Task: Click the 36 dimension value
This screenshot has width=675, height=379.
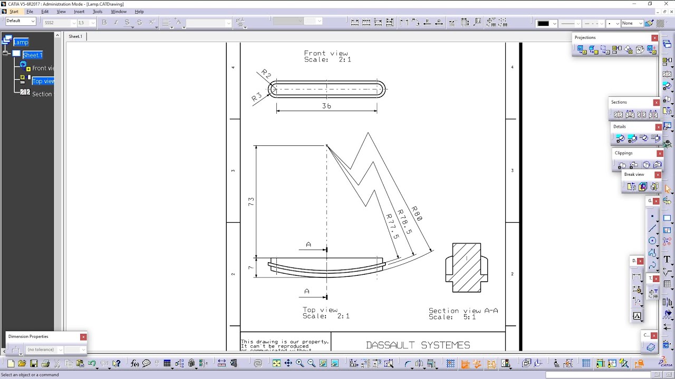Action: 326,106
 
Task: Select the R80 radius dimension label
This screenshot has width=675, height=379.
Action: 417,213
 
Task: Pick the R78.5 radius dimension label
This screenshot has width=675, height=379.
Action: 404,220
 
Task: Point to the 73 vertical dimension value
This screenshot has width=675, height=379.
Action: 251,201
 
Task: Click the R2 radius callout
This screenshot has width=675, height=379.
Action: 266,75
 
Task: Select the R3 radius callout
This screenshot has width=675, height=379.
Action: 257,97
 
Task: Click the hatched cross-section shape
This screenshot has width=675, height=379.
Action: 467,267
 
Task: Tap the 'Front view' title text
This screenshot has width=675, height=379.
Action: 326,53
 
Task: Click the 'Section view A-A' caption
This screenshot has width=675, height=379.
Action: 463,311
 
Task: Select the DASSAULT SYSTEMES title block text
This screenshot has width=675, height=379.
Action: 418,345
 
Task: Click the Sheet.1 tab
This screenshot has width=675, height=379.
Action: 75,36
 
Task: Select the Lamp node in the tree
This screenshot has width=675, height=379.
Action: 21,42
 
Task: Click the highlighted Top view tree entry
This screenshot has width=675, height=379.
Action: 43,81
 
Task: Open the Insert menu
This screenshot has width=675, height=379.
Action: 79,12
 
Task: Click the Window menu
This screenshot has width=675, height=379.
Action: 119,12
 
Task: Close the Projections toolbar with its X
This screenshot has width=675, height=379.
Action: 654,38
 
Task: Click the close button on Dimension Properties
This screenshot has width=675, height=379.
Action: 83,337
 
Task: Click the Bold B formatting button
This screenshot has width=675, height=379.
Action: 104,22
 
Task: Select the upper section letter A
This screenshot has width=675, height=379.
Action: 308,245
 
